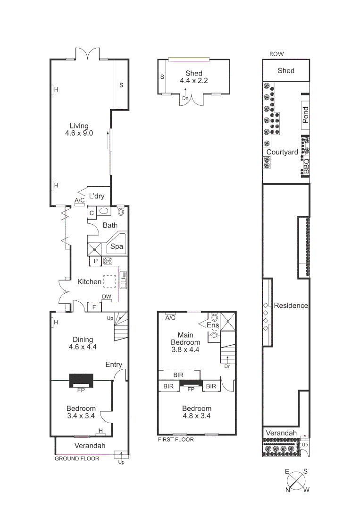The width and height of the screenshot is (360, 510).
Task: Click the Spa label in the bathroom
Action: (x=117, y=246)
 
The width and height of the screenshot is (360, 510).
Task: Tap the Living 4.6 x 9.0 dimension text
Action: (x=79, y=133)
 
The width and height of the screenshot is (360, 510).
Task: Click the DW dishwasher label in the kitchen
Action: (x=106, y=297)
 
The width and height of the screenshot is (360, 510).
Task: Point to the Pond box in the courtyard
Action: (x=305, y=115)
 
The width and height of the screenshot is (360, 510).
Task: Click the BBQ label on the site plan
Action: (x=306, y=167)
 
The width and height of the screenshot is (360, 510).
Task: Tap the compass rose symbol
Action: (x=296, y=482)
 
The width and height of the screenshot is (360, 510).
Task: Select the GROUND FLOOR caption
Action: (x=77, y=459)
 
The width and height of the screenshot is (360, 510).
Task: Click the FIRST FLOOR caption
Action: (x=176, y=439)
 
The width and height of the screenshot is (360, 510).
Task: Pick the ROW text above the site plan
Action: (x=276, y=54)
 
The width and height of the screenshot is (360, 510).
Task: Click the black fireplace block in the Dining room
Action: (x=81, y=380)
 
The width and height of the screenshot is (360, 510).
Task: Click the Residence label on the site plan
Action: (x=291, y=306)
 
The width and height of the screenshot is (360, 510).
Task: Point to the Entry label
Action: (x=114, y=365)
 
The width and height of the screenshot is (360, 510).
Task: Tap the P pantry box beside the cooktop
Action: (x=95, y=261)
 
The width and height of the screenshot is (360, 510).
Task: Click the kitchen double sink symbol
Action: (x=124, y=280)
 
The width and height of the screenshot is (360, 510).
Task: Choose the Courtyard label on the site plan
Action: (x=282, y=152)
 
